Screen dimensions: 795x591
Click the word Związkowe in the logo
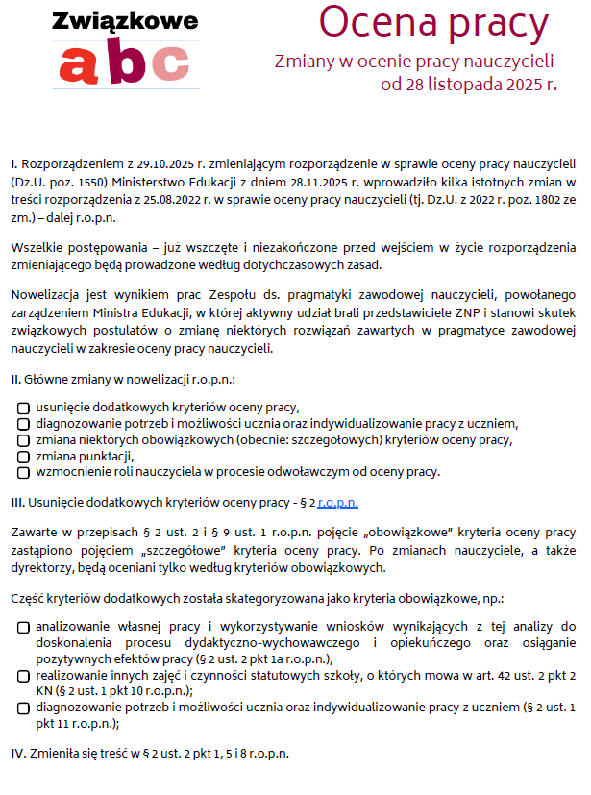tap(127, 21)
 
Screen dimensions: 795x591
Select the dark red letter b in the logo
tap(128, 62)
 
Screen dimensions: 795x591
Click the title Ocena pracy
tap(433, 23)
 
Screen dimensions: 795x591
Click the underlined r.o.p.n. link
tap(337, 502)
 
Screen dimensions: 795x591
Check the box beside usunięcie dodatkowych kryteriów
tap(23, 408)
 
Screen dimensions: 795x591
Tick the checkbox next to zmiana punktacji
tap(23, 457)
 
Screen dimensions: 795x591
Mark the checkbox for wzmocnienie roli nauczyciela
tap(23, 473)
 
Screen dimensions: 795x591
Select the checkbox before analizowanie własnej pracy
tap(23, 628)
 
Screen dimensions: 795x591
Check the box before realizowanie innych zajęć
tap(23, 677)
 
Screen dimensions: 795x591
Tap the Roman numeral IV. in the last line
tap(18, 752)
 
